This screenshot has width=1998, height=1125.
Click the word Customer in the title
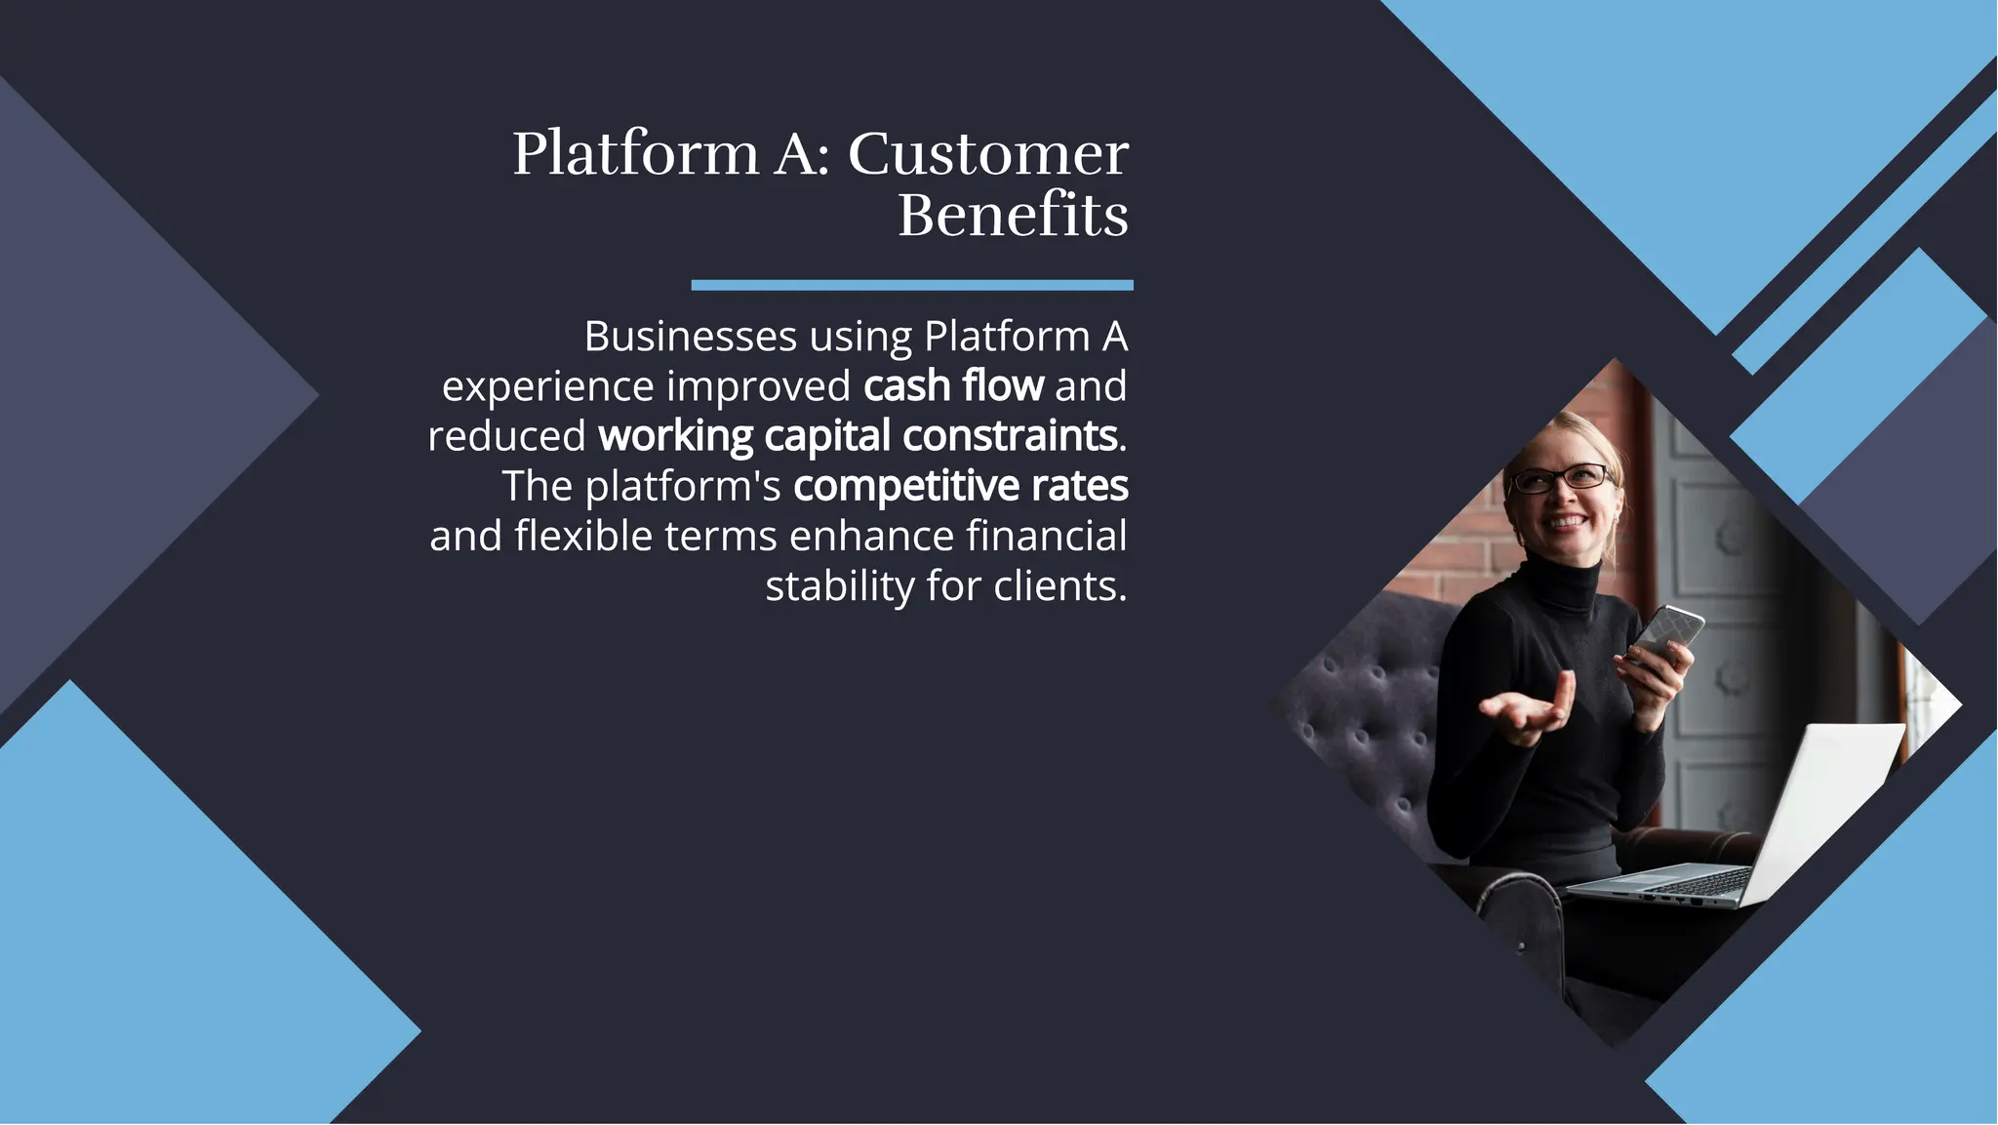click(987, 154)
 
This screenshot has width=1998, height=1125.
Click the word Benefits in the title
click(1013, 216)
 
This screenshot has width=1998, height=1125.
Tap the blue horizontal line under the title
click(911, 285)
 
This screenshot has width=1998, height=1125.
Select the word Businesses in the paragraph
click(691, 337)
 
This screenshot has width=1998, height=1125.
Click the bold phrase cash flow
click(953, 386)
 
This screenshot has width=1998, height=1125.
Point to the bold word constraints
click(1009, 436)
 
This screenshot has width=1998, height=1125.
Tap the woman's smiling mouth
click(1568, 522)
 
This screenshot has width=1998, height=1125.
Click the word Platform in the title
click(635, 154)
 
